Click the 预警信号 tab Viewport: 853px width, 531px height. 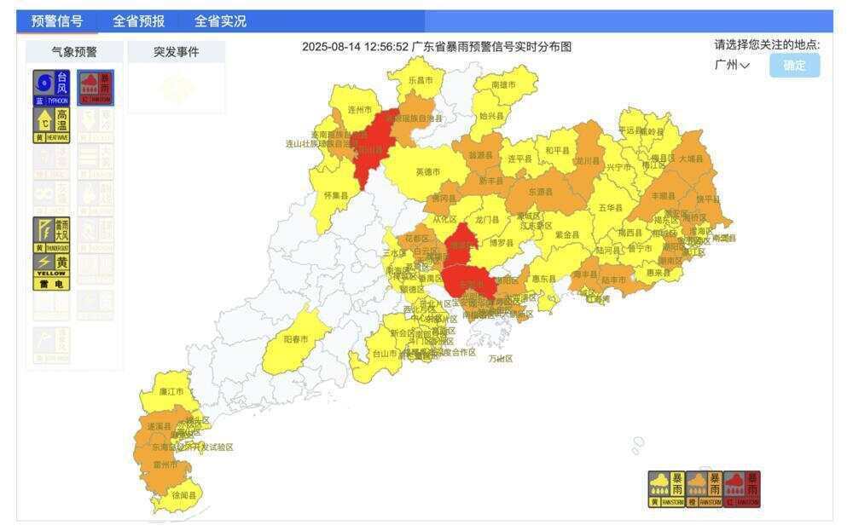coord(57,21)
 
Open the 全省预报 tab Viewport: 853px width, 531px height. coord(139,21)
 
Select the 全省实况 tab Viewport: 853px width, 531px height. coord(220,21)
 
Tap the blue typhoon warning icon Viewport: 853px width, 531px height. coord(52,88)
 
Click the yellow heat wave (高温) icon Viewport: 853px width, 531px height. coord(52,124)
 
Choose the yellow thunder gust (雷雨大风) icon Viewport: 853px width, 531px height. coord(52,234)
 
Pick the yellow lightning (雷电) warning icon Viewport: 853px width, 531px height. coord(52,271)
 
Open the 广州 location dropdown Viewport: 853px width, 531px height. coord(733,66)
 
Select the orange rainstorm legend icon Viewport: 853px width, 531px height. coord(704,489)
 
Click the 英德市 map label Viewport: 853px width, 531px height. coord(428,172)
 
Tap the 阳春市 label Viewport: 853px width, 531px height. coord(296,339)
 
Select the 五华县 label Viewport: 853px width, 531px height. coord(611,207)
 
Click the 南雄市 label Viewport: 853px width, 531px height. coord(504,85)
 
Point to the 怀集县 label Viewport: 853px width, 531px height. coord(336,195)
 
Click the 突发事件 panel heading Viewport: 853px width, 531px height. coord(177,52)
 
